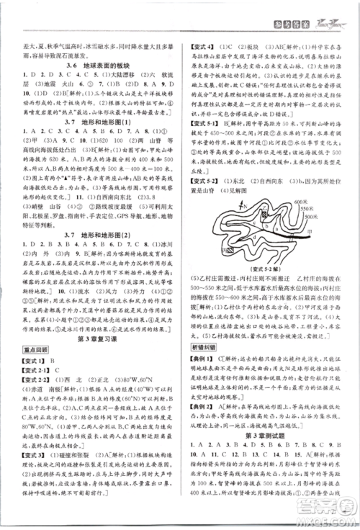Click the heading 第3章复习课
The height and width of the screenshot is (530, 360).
[x=93, y=340]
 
